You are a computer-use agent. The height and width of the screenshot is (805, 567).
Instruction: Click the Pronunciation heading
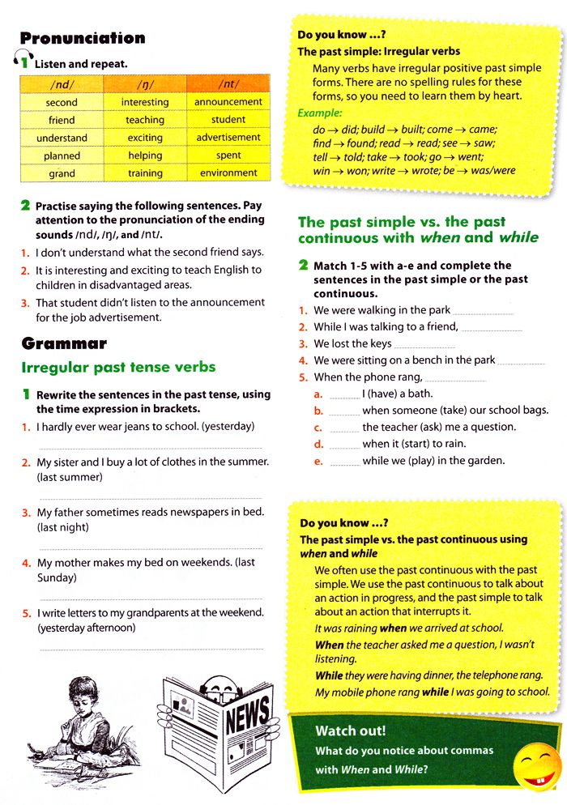83,38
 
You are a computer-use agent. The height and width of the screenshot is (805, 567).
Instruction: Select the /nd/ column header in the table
62,84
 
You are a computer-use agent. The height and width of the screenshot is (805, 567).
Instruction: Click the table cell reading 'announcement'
228,102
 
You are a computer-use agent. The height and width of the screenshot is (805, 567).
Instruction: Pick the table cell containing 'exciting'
145,138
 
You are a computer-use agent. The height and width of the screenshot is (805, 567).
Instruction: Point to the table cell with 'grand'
62,173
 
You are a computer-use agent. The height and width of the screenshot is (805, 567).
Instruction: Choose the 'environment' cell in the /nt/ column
228,173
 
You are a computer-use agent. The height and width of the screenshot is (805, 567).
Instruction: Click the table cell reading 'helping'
145,155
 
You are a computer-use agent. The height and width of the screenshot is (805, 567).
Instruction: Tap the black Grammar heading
64,344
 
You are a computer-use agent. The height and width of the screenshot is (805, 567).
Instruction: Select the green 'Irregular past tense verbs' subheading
118,367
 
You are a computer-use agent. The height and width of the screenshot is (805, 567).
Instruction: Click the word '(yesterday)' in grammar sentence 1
228,426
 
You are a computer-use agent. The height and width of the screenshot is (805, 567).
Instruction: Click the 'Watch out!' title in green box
350,730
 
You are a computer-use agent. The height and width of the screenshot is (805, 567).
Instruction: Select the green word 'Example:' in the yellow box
320,113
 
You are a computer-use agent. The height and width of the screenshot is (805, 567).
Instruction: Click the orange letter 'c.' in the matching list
319,428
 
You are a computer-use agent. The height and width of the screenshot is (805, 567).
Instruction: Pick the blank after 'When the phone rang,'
454,378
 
